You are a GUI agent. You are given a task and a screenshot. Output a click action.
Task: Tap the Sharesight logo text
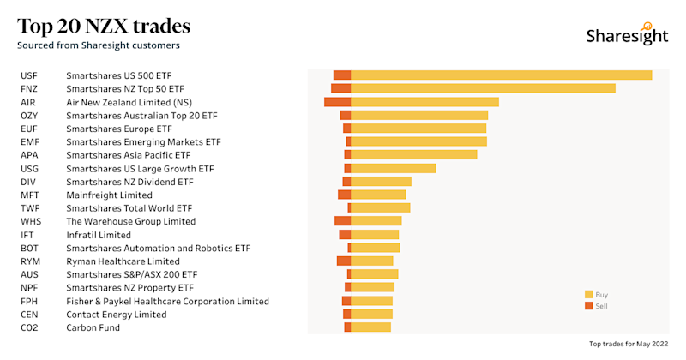point(626,36)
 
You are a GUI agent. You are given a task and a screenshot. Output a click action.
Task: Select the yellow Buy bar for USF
point(501,75)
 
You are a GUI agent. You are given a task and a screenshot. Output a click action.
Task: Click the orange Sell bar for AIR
point(337,102)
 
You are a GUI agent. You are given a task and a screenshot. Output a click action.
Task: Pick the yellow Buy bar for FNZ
point(483,88)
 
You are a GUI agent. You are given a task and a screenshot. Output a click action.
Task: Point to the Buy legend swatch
point(588,294)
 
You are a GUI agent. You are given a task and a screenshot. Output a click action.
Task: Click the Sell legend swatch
point(588,305)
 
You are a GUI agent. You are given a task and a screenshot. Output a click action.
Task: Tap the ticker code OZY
point(29,115)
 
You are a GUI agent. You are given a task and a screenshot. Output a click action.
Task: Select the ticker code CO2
point(29,327)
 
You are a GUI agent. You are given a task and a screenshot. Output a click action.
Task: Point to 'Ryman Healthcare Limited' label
point(123,261)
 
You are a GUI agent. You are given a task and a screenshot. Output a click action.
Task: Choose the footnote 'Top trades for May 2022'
point(629,344)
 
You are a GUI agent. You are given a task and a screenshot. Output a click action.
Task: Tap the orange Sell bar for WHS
point(342,221)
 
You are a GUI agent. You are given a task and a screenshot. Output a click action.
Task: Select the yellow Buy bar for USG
point(393,168)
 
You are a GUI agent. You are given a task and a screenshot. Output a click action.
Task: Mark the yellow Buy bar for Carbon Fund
point(370,327)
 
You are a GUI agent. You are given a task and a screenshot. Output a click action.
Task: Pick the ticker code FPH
point(29,301)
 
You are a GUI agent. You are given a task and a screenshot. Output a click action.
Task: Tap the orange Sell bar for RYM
point(343,261)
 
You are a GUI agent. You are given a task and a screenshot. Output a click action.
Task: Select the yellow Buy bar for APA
point(413,155)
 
